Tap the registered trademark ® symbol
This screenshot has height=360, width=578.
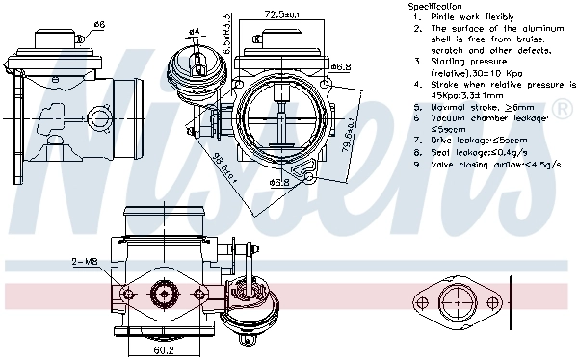(564, 113)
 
